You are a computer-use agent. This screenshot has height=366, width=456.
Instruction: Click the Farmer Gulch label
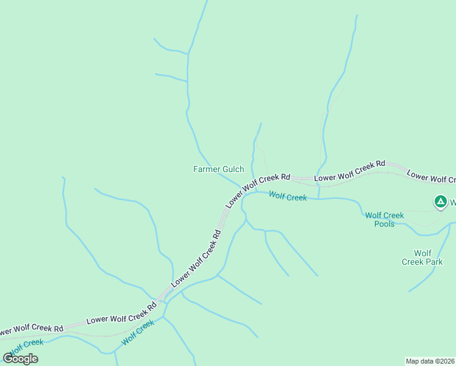pos(218,169)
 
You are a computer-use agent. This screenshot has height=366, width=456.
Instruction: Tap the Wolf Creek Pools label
pos(384,220)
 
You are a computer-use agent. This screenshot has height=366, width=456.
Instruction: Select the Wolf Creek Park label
pos(422,257)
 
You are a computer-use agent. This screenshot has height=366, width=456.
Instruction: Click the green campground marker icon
pos(440,201)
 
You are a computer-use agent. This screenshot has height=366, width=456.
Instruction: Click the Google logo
pos(20,358)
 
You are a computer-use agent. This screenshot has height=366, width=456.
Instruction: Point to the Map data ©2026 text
pos(430,361)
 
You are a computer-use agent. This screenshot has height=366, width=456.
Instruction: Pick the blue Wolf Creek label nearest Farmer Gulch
pos(288,196)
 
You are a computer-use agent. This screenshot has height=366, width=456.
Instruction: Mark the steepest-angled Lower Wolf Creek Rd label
pos(195,259)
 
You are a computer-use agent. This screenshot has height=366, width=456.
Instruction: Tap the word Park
pos(433,262)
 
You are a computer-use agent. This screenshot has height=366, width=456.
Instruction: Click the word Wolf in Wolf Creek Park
pos(422,253)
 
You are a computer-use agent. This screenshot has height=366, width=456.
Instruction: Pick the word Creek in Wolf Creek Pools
pos(393,215)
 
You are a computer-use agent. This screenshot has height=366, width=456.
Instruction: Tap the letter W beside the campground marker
pos(453,201)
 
